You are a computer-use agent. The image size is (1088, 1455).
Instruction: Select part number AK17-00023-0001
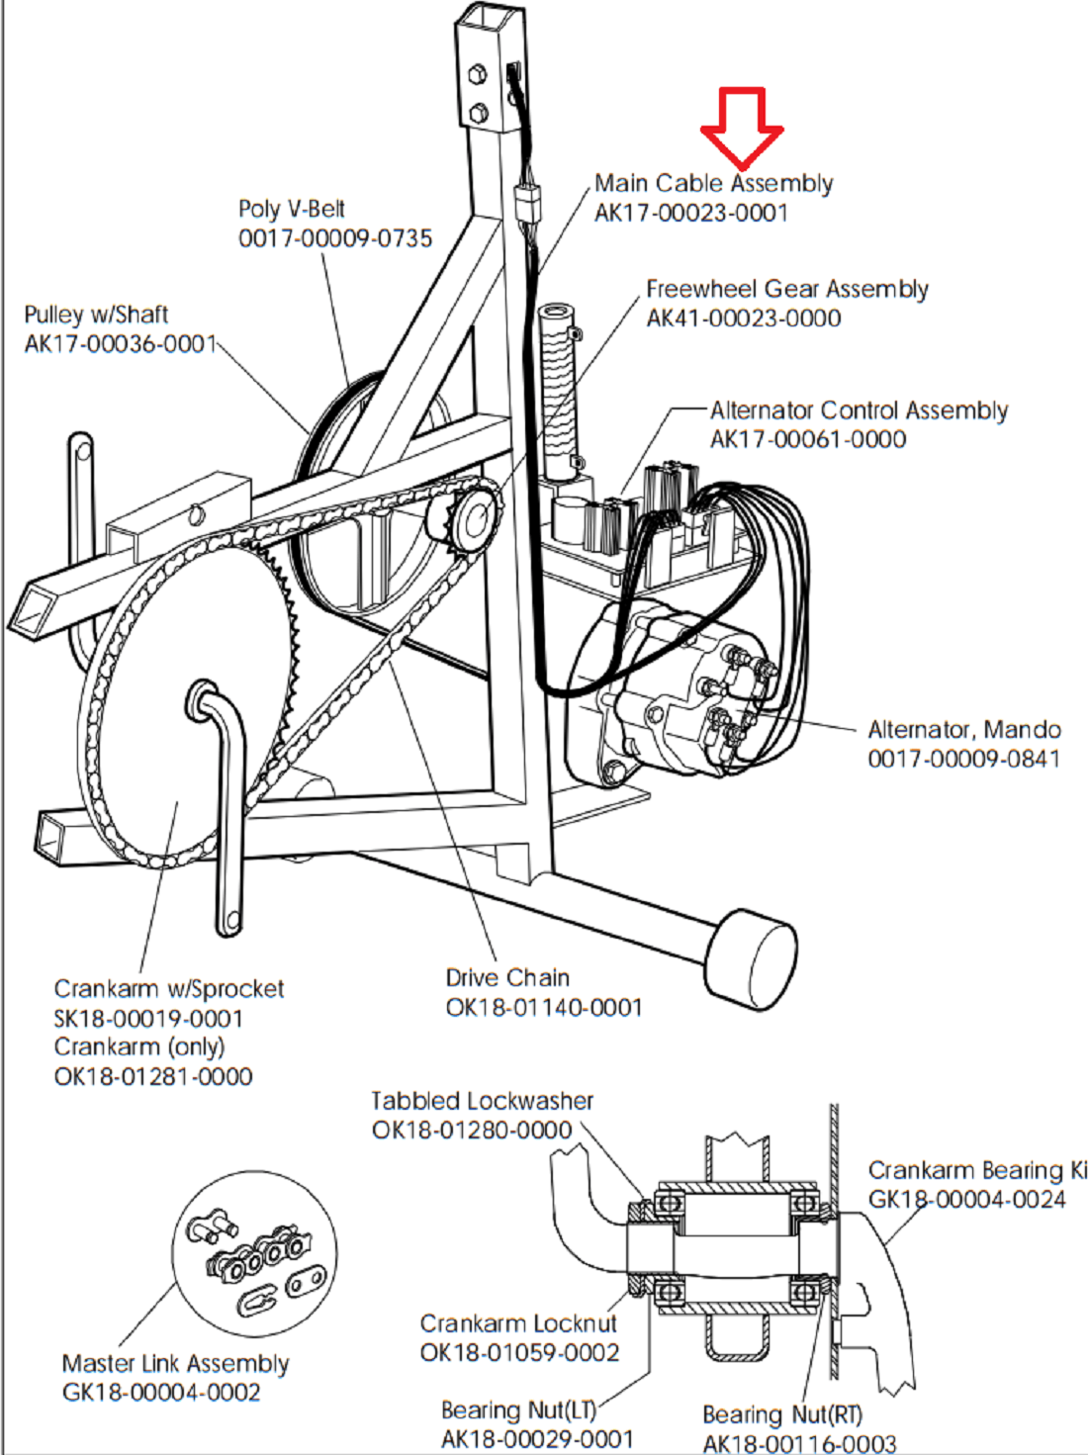(690, 213)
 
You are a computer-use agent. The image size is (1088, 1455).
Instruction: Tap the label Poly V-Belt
(292, 209)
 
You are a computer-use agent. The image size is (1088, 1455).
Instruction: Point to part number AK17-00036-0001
(120, 343)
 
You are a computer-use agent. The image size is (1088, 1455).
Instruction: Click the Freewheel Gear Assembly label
(786, 289)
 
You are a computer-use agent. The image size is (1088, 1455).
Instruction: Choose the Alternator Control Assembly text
(859, 410)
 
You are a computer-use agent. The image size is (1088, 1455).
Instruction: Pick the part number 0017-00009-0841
(963, 759)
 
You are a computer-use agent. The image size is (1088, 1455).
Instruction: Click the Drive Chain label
(507, 977)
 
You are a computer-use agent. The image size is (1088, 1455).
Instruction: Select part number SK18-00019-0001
(148, 1018)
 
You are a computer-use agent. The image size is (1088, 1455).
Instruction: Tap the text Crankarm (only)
(139, 1046)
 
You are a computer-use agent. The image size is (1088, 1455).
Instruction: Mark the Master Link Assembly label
(175, 1363)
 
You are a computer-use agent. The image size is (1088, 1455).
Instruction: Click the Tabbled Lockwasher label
(482, 1101)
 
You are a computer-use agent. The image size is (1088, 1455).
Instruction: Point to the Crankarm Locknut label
(518, 1323)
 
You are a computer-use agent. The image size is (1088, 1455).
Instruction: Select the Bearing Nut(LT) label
(518, 1410)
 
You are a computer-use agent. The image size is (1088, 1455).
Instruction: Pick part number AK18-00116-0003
(799, 1443)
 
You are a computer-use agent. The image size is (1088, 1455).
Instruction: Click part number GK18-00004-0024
(966, 1199)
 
